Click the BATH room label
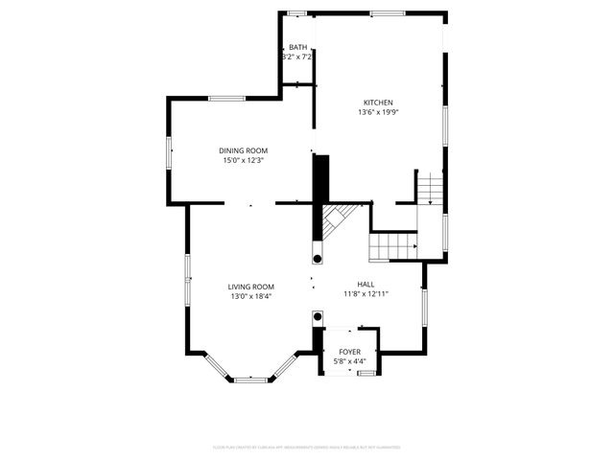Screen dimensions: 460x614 tap(298, 48)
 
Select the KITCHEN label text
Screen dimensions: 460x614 tap(378, 103)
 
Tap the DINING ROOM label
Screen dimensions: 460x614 tap(243, 150)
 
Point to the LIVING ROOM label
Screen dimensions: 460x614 tap(251, 287)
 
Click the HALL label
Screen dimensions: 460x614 tap(366, 285)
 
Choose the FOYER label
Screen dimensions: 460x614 tap(349, 353)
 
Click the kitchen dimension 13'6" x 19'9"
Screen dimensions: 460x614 tap(378, 112)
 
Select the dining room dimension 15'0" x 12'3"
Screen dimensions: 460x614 tap(243, 160)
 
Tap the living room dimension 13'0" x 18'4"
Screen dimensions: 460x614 tap(251, 296)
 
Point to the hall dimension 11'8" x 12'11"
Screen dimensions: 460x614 tap(366, 294)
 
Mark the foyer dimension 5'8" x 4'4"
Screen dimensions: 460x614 tap(349, 362)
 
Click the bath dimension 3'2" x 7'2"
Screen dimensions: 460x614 tap(297, 57)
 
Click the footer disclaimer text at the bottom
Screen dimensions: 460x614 tap(306, 447)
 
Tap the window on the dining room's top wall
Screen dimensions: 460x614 tap(227, 98)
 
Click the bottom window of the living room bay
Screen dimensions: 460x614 tap(251, 379)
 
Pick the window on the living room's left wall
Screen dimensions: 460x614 tap(188, 278)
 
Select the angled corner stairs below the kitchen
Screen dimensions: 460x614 tap(336, 222)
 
